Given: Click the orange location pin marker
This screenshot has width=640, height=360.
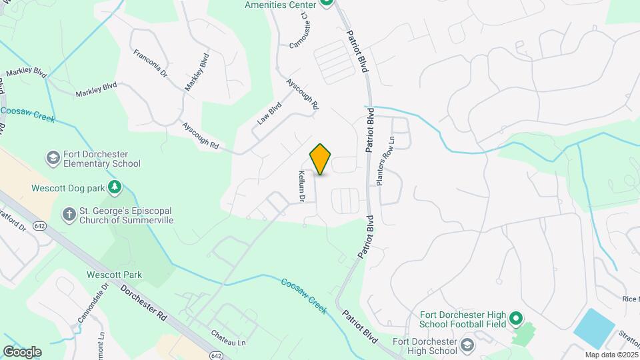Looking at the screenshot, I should point(321,159).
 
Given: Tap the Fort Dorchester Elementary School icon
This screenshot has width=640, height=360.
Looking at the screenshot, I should point(53,158).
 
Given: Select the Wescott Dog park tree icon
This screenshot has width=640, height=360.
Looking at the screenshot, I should point(115,187).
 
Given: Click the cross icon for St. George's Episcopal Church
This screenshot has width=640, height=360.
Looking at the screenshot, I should point(69,214).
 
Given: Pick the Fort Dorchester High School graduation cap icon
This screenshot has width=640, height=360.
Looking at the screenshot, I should point(467,345).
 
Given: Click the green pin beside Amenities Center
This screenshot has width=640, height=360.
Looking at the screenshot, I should point(326,3).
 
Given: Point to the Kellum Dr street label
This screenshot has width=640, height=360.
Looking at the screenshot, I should point(301,186).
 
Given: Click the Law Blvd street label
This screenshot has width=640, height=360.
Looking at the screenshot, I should point(270,113).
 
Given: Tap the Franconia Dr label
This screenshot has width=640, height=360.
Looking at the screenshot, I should point(150,63).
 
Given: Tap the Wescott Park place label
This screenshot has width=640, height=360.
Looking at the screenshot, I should point(114,275).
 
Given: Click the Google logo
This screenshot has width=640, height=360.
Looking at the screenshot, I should point(22,351).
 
